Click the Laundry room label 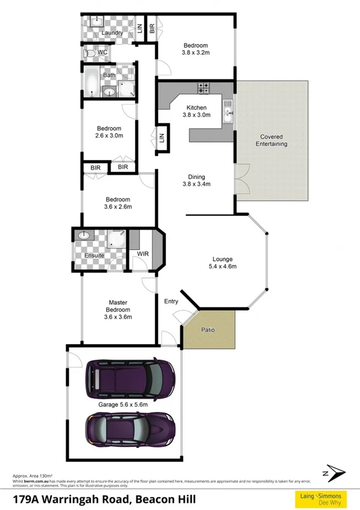112,33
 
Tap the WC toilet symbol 90,53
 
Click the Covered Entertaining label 271,140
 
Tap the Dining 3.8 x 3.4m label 197,180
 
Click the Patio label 209,330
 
